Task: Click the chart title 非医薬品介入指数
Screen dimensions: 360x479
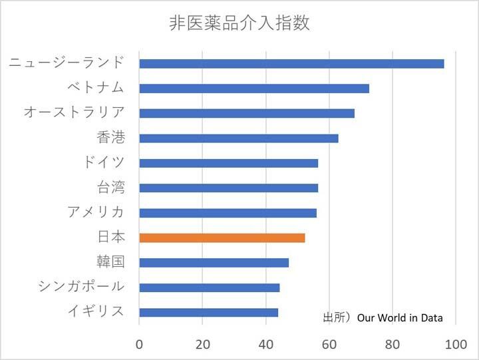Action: [239, 24]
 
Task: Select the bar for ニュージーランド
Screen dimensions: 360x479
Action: [291, 64]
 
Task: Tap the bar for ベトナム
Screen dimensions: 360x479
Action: [254, 89]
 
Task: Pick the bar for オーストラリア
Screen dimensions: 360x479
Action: [247, 113]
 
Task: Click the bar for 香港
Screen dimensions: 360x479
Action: [239, 138]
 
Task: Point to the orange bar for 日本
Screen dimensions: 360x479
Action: [222, 238]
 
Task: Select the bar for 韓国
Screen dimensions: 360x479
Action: [214, 262]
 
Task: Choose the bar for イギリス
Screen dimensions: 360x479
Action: [209, 312]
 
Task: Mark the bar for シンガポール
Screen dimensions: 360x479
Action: [210, 287]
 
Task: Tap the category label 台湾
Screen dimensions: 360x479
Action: [111, 187]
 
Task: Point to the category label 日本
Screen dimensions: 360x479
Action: [111, 237]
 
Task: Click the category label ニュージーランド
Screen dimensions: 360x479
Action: [67, 63]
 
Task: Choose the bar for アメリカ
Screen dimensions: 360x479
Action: [228, 213]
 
